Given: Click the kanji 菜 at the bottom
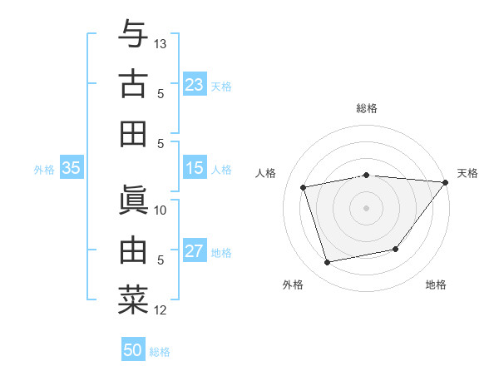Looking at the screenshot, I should point(133,300).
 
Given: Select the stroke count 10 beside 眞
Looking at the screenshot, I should point(161,210).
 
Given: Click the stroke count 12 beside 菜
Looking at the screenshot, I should point(161,310).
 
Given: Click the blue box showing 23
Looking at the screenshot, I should point(195,85).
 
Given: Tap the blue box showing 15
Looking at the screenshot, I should point(195,169).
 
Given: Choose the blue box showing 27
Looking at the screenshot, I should point(195,252).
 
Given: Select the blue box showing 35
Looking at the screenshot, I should point(72,169).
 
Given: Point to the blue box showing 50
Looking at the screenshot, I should point(133,350).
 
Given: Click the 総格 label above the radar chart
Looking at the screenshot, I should point(367,108).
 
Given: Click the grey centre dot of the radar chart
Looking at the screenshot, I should point(366,207).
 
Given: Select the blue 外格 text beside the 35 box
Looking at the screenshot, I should point(44,170).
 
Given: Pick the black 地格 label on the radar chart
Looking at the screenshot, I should point(436,285).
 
